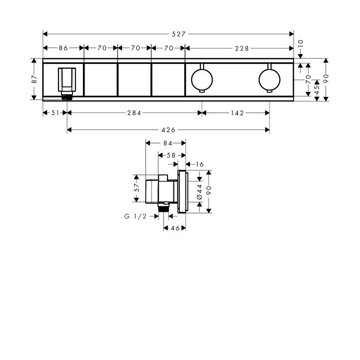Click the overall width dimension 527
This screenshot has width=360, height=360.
pyautogui.click(x=178, y=34)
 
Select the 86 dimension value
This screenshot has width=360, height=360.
pyautogui.click(x=63, y=48)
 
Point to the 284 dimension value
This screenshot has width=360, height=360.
pyautogui.click(x=134, y=113)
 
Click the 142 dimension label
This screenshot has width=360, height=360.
pyautogui.click(x=237, y=113)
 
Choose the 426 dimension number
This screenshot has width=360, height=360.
pyautogui.click(x=168, y=130)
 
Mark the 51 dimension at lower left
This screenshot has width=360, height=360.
pyautogui.click(x=55, y=113)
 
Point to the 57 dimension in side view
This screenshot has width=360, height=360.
pyautogui.click(x=135, y=188)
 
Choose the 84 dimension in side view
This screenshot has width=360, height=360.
pyautogui.click(x=168, y=143)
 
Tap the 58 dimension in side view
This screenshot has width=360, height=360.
pyautogui.click(x=170, y=155)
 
